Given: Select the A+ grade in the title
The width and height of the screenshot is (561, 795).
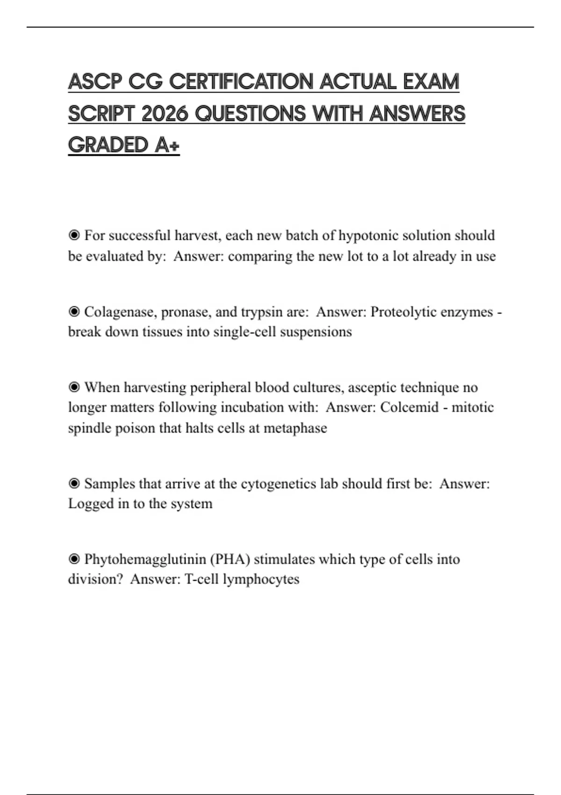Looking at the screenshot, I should coord(167,145).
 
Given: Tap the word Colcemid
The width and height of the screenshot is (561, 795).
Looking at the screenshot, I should coord(409,407).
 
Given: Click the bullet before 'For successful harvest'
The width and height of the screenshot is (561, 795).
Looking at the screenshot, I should coord(74,235).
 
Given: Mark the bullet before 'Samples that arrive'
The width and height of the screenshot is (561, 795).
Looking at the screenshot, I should coord(74,484).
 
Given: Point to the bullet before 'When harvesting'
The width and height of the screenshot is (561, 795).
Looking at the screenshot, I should coord(74,387).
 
